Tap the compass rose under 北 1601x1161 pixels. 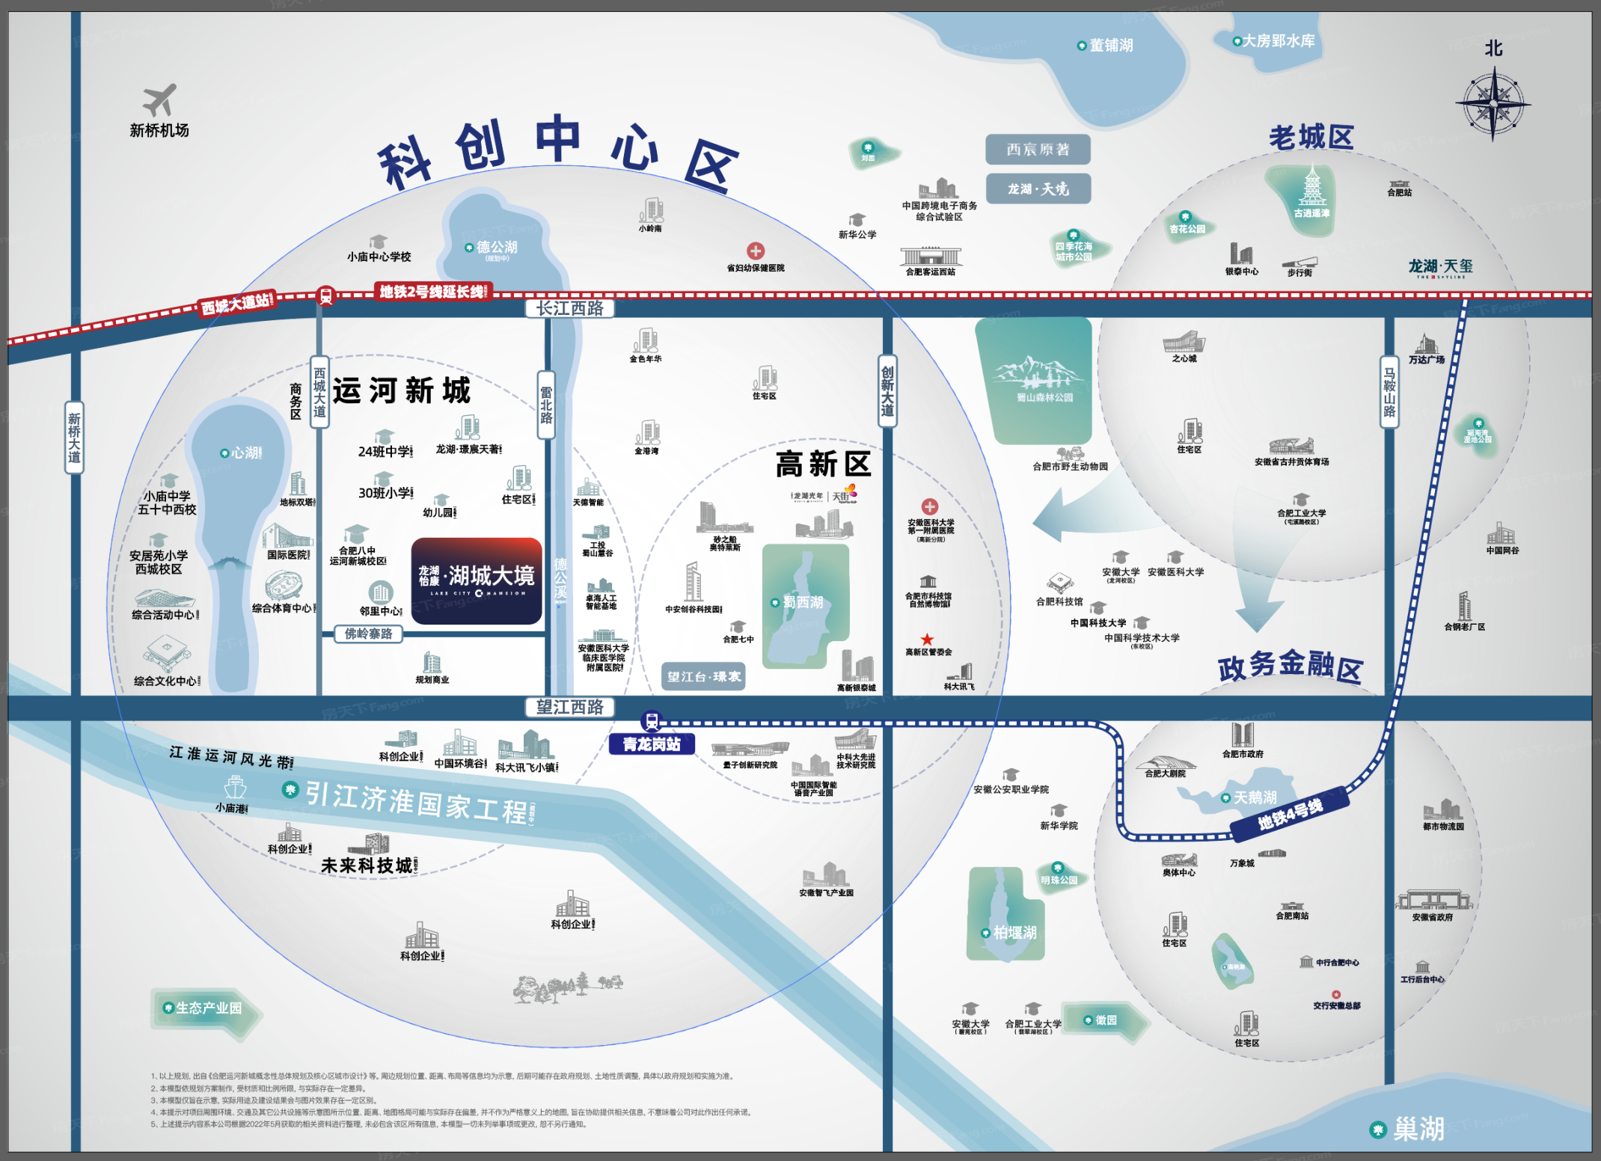tap(1493, 104)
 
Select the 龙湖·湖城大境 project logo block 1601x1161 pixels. tap(477, 580)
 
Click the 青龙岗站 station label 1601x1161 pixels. tap(652, 744)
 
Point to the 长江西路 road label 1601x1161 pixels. tap(569, 308)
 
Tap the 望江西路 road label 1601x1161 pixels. tap(569, 707)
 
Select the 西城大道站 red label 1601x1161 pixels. tap(237, 304)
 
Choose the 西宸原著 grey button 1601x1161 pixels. tap(1038, 150)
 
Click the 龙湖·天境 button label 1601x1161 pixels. tap(1038, 189)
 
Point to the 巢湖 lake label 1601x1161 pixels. tap(1417, 1129)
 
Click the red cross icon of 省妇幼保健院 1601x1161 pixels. tap(756, 251)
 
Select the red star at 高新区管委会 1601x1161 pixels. tap(927, 639)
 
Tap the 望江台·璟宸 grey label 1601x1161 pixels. tap(703, 676)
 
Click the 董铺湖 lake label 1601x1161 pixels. tap(1110, 46)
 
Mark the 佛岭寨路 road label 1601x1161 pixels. tap(368, 634)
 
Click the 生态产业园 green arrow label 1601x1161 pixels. tap(208, 1008)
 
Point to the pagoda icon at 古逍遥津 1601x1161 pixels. tap(1311, 187)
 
